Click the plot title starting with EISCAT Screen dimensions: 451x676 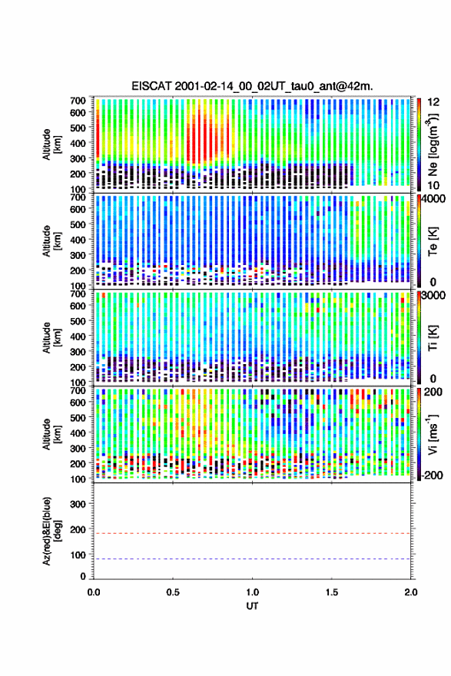(252, 86)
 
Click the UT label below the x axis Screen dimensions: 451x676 (252, 606)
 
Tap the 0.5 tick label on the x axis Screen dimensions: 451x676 (173, 592)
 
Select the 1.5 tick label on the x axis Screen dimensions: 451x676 (332, 592)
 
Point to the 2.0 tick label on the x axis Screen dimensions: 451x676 (411, 592)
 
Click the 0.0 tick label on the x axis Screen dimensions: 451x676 (94, 592)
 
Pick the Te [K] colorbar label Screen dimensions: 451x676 (433, 241)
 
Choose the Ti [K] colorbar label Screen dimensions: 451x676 (433, 337)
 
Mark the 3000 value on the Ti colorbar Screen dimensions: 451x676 (434, 295)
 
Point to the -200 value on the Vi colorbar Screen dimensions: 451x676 (433, 475)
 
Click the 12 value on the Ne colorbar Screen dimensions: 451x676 (434, 102)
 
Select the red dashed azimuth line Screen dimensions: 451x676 (252, 533)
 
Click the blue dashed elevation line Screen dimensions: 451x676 (252, 558)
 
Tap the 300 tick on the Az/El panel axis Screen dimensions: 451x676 (78, 504)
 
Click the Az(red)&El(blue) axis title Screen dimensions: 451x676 (51, 531)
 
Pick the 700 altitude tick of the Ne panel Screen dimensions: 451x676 (78, 101)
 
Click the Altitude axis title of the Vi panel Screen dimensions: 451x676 (51, 434)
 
